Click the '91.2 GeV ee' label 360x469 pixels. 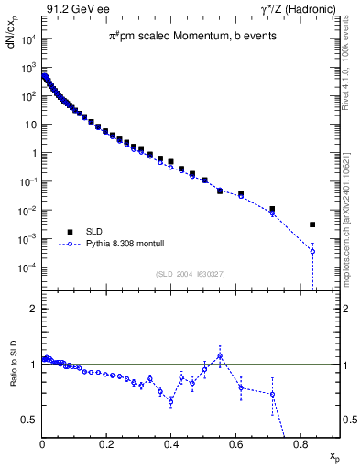72,9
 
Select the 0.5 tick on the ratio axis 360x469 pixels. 32,420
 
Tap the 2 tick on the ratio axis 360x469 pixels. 34,309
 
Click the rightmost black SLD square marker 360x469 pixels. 312,224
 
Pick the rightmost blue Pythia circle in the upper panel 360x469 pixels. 312,251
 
